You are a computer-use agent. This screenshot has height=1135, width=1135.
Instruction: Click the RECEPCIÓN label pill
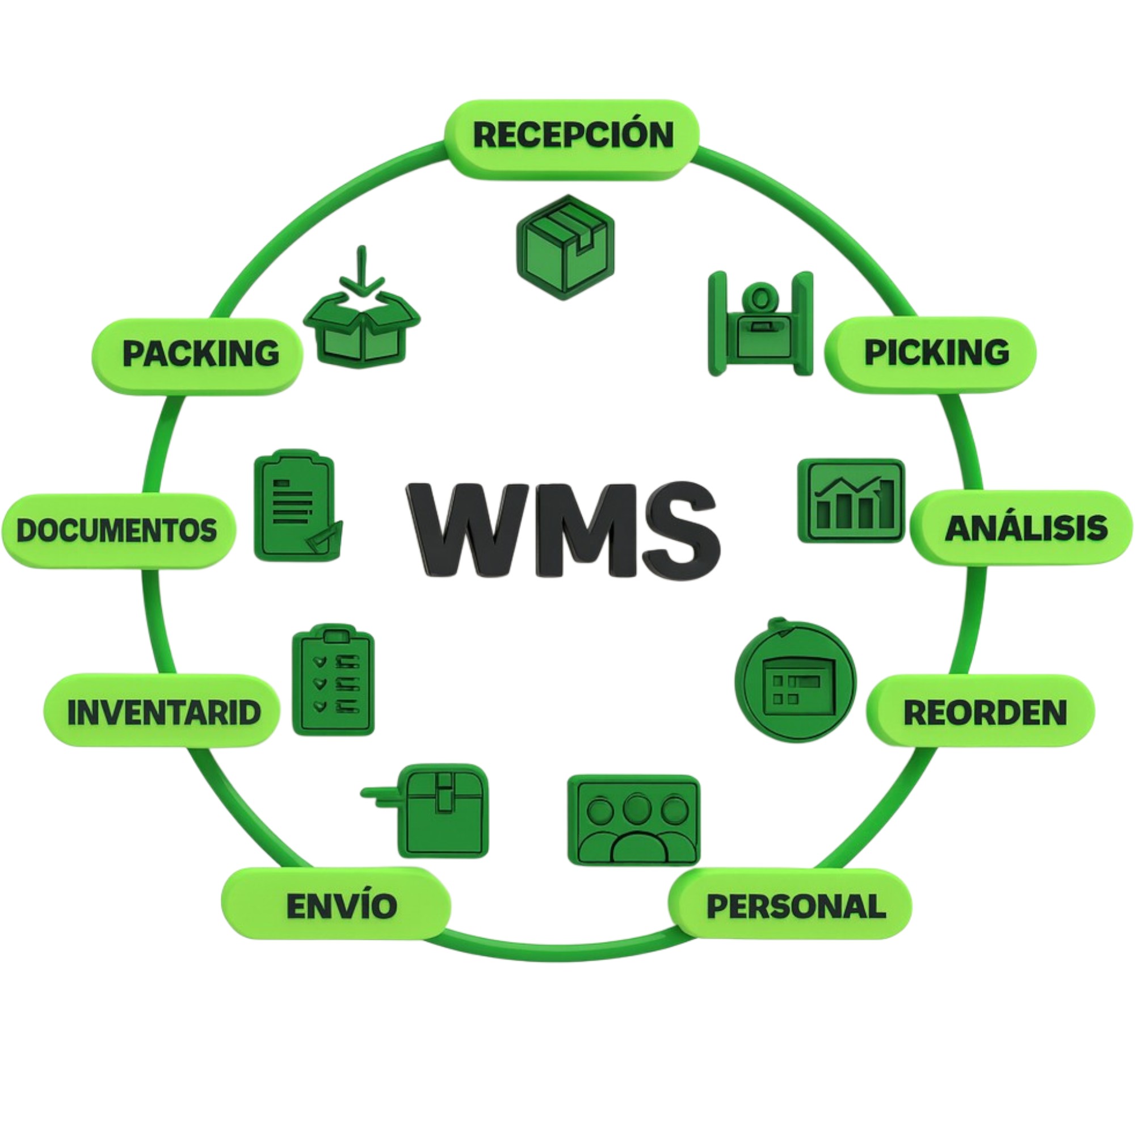point(573,136)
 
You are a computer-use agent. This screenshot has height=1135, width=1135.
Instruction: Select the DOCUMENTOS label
point(117,531)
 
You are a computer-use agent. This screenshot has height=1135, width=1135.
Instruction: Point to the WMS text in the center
point(564,531)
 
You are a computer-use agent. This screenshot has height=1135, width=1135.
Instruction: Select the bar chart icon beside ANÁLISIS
point(851,501)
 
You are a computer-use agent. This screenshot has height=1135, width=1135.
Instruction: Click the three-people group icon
point(634,819)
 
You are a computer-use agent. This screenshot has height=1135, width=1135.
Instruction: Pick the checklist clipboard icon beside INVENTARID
point(333,680)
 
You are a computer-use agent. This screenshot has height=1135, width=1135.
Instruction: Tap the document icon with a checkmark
point(297,506)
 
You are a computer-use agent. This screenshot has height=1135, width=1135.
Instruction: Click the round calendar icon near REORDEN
point(796,681)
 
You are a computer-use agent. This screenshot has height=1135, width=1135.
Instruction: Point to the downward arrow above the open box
point(363,270)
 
